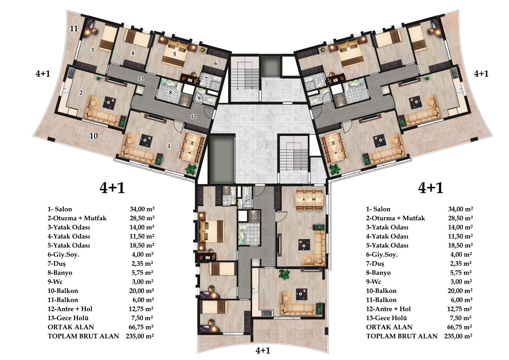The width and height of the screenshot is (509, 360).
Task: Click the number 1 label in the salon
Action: tap(169, 146)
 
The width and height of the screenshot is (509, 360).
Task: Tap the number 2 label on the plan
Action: tap(81, 93)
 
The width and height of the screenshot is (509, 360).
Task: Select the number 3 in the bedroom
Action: tap(92, 50)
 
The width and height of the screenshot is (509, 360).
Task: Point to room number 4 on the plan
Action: tap(133, 53)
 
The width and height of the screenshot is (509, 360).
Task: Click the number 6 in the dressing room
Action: tap(215, 64)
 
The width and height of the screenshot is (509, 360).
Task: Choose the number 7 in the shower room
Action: tap(206, 79)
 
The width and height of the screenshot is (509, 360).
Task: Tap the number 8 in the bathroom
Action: tap(170, 92)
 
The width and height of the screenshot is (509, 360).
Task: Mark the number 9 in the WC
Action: tap(199, 98)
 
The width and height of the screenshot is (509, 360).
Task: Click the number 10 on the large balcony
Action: tap(93, 135)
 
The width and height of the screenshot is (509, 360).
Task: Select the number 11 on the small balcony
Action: tap(74, 29)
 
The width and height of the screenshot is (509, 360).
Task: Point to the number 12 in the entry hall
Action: tap(194, 117)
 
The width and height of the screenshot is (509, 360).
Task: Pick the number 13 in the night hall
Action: tap(141, 79)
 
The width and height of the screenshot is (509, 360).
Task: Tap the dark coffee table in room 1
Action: tap(145, 141)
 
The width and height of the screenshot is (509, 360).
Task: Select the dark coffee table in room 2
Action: tap(109, 103)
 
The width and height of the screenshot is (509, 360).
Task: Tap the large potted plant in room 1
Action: tap(191, 169)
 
